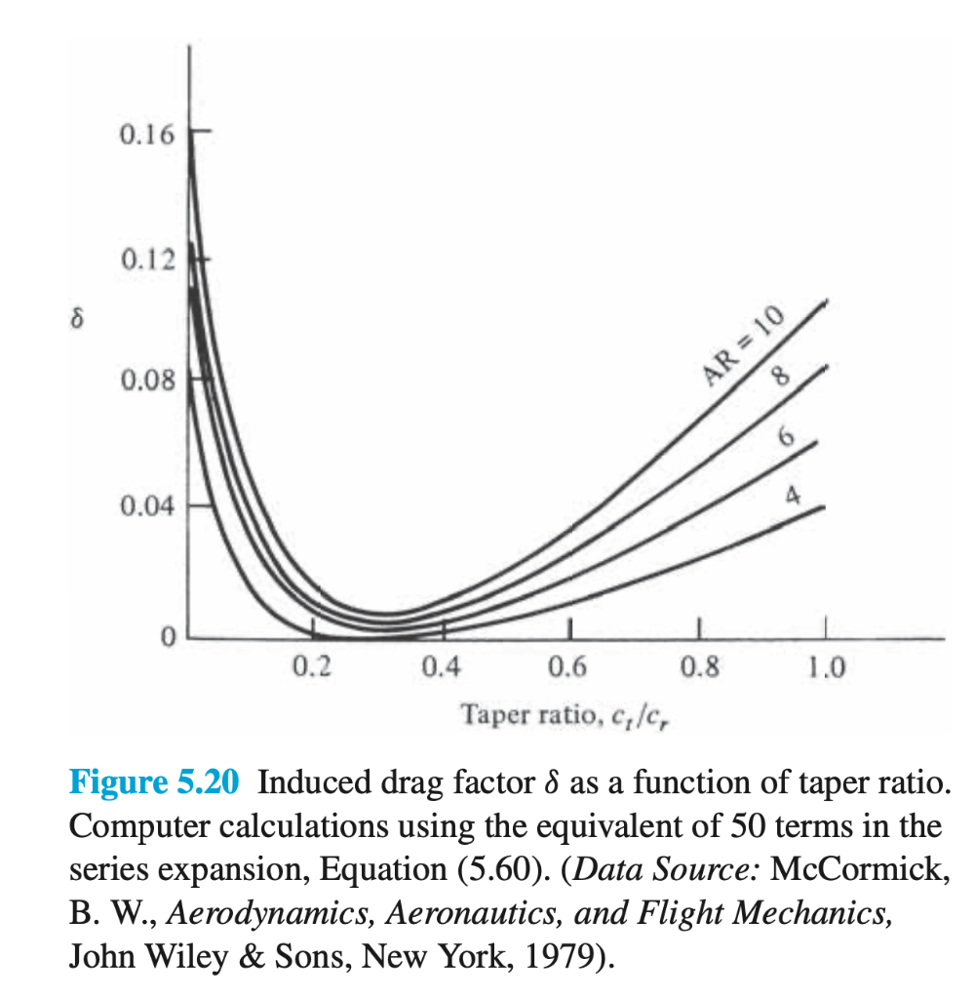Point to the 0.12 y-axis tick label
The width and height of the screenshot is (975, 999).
tap(147, 260)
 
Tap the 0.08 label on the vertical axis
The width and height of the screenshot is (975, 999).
tap(147, 380)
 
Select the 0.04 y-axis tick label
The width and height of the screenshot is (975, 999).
tap(147, 506)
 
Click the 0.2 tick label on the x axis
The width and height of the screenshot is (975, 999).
tap(313, 668)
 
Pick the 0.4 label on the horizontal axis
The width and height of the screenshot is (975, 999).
tap(441, 668)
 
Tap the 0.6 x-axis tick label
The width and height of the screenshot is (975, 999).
tap(568, 668)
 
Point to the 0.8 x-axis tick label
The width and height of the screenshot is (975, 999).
tap(699, 668)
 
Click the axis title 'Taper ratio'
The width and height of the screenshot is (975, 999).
tap(516, 715)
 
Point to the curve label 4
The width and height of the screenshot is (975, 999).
tap(792, 497)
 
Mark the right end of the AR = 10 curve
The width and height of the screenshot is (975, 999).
tap(827, 301)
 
